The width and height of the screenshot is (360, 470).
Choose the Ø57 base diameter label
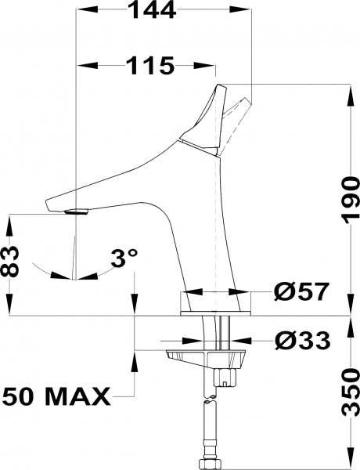(x=301, y=293)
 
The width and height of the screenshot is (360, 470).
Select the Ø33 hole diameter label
(x=302, y=341)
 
